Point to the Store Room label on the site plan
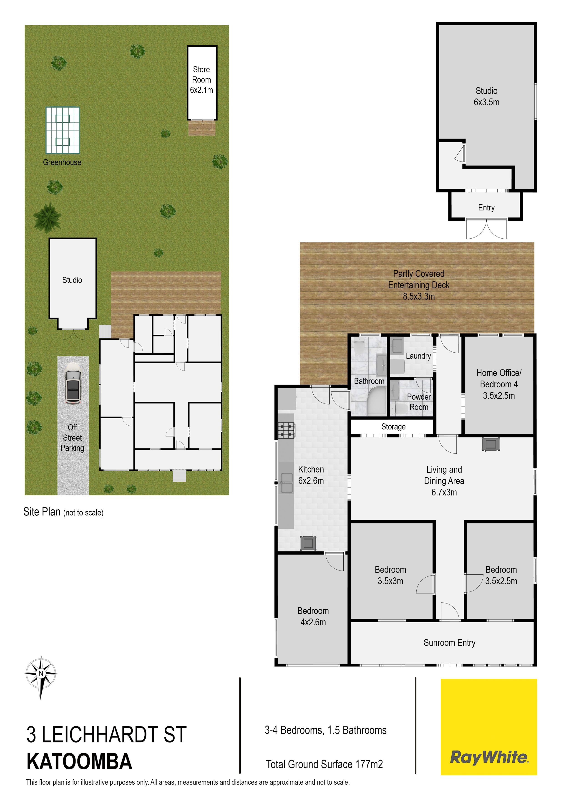coord(201,80)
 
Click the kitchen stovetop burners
coord(286,430)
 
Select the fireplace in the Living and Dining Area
coord(491,444)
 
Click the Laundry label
coord(418,356)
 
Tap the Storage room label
coord(393,427)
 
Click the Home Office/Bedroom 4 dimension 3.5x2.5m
coord(499,396)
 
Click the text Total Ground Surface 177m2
coord(324,764)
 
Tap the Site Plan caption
coord(63,512)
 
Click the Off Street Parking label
coord(72,438)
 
